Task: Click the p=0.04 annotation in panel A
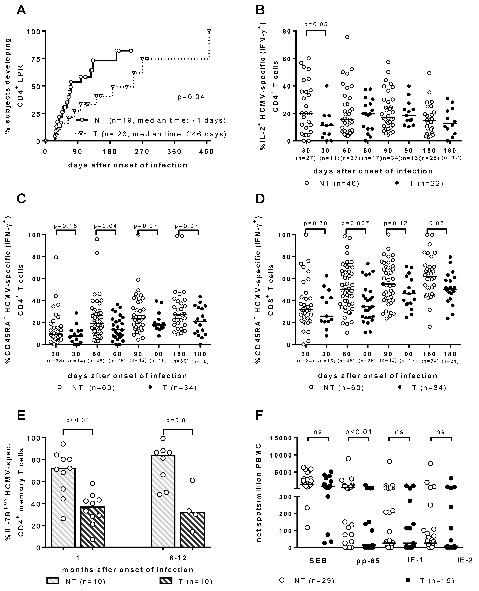tap(191, 97)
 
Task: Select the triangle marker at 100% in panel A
tap(209, 31)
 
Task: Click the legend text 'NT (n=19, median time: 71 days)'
tap(160, 120)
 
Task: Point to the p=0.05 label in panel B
tap(316, 24)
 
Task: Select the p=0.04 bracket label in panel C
tap(105, 226)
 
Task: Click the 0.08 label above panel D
tap(436, 223)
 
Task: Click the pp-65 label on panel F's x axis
tap(368, 561)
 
